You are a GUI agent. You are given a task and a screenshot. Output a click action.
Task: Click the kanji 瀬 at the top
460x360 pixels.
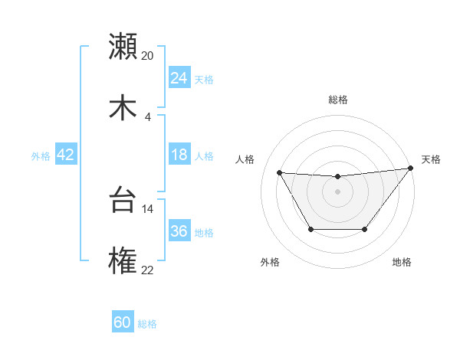(x=123, y=46)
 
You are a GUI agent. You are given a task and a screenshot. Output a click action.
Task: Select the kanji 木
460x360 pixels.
(x=123, y=107)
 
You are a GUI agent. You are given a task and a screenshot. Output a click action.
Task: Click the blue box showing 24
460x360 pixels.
(x=179, y=78)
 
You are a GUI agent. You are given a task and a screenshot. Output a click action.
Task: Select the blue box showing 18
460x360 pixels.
(x=179, y=155)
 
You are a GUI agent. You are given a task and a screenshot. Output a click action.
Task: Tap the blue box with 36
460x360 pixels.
(x=179, y=232)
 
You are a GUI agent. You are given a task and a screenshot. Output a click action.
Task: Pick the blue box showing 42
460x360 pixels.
(x=66, y=155)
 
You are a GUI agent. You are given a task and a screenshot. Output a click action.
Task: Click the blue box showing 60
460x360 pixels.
(x=123, y=322)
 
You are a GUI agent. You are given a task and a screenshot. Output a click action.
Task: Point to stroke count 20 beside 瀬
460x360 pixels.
(x=147, y=55)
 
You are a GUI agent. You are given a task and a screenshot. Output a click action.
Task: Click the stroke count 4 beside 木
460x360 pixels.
(x=147, y=117)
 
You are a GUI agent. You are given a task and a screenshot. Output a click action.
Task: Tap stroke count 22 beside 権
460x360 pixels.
(x=147, y=270)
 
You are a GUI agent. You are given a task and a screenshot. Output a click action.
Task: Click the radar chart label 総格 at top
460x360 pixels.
(x=337, y=100)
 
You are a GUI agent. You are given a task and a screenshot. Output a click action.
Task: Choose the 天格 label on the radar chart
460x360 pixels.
(x=431, y=159)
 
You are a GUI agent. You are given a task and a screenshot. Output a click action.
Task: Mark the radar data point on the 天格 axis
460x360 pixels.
(x=410, y=168)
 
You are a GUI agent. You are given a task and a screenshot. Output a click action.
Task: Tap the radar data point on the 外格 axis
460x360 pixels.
(x=310, y=229)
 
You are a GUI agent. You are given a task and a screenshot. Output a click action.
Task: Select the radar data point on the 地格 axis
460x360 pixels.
(x=364, y=229)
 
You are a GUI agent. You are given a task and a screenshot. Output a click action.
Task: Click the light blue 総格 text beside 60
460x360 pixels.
(x=147, y=324)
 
